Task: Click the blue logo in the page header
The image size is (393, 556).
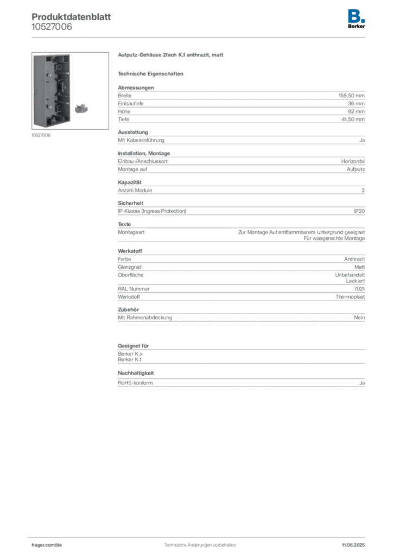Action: (356, 15)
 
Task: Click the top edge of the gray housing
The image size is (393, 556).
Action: (52, 55)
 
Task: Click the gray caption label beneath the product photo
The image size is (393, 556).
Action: (41, 135)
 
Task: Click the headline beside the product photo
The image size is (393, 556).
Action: (170, 56)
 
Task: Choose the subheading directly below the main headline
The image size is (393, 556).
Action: (152, 73)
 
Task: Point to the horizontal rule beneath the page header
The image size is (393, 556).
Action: (200, 37)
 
